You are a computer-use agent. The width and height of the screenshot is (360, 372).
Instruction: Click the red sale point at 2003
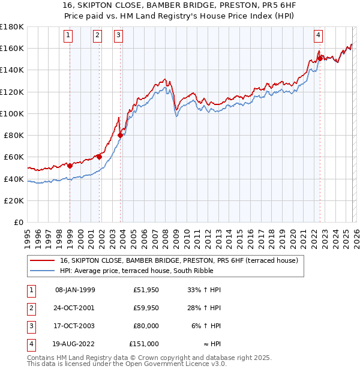point(121,136)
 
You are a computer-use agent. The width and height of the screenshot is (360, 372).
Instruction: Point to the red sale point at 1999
point(70,166)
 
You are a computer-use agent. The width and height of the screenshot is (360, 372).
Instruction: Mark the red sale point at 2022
point(320,58)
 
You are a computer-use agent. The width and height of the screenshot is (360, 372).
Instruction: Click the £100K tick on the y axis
point(12,113)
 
